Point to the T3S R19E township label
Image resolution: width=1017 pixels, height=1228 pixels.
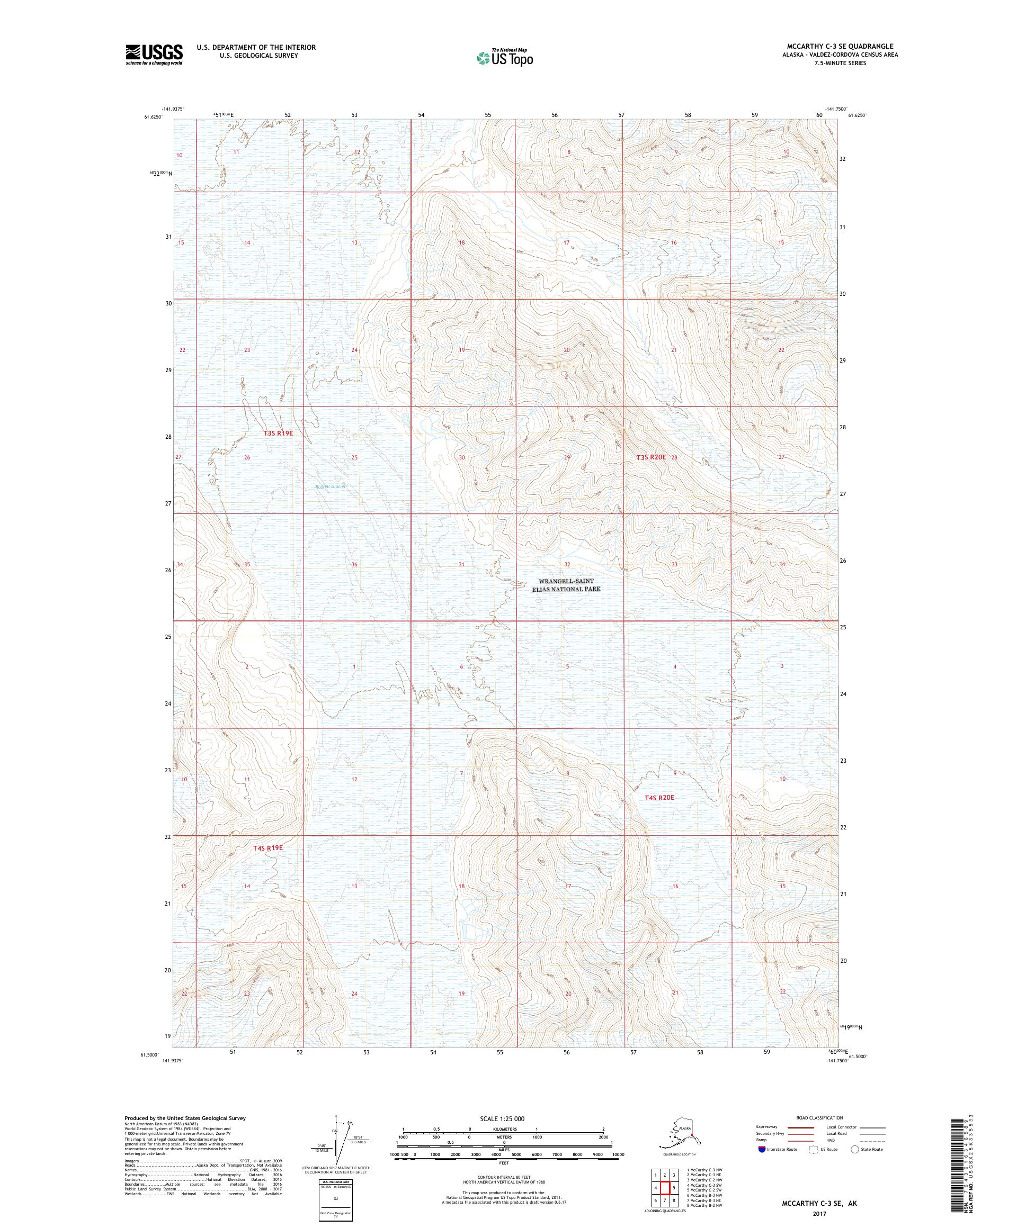[278, 434]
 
